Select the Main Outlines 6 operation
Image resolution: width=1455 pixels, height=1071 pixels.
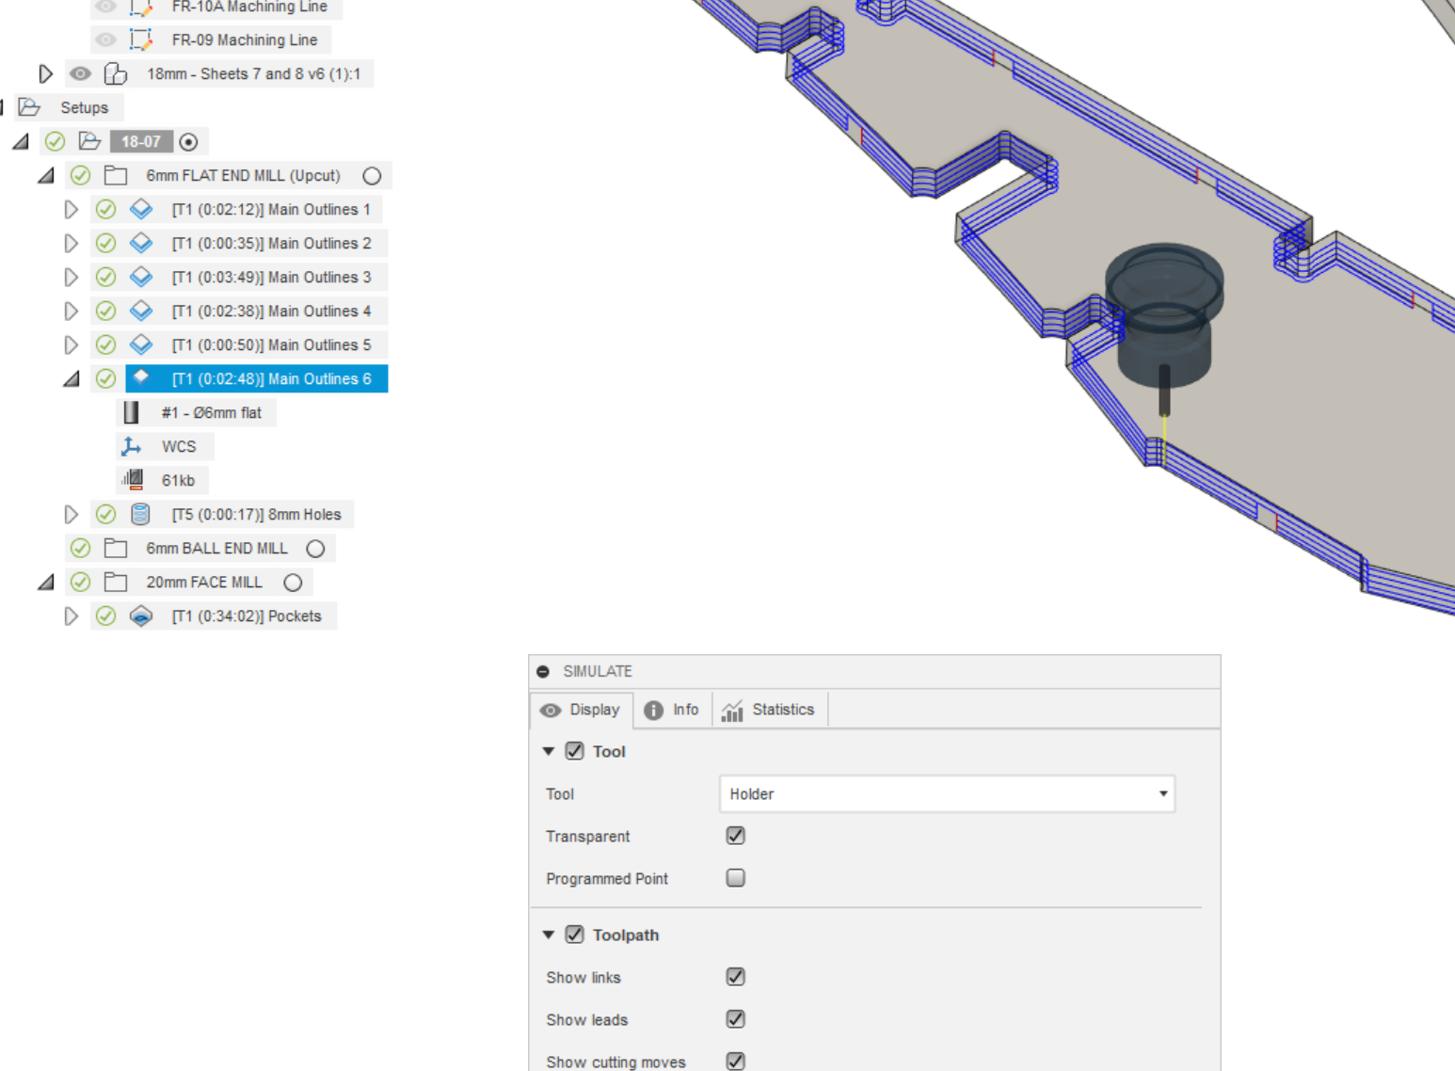[271, 378]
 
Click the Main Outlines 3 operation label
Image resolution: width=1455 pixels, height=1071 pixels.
[271, 277]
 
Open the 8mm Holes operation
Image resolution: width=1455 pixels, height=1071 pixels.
[256, 514]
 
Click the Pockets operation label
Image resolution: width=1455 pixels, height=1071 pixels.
[247, 615]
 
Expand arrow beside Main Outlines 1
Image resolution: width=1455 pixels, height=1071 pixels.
[71, 209]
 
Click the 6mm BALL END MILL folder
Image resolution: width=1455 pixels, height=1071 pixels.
[216, 548]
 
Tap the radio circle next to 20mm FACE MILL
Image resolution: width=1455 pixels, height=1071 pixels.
[293, 583]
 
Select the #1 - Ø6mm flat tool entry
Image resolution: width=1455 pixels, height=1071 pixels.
[211, 412]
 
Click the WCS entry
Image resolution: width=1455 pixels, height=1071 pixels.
[178, 446]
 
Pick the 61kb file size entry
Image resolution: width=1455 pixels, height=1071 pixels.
[178, 480]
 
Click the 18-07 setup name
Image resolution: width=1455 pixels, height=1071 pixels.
[140, 141]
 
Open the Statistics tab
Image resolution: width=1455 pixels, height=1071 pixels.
[769, 710]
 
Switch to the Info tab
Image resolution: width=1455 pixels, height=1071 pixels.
[672, 710]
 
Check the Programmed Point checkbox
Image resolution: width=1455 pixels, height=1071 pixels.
[736, 878]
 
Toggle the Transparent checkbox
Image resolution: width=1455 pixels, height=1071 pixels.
[736, 836]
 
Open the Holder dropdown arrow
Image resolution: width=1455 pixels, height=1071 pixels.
[1163, 793]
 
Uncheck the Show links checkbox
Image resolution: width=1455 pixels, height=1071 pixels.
[736, 977]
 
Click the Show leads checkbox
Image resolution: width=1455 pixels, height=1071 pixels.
[736, 1019]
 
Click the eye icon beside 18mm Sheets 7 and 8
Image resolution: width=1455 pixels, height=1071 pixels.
[81, 73]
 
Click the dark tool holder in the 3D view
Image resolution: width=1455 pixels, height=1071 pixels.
[1164, 320]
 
